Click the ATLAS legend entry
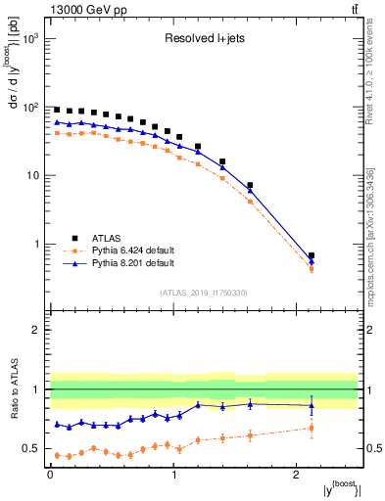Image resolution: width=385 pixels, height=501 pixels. point(108,237)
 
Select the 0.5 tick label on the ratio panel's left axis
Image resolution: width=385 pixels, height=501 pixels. point(29,449)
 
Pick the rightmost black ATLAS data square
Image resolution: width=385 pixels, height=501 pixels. point(312,255)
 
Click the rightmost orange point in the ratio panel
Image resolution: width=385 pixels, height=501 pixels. point(312,428)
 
